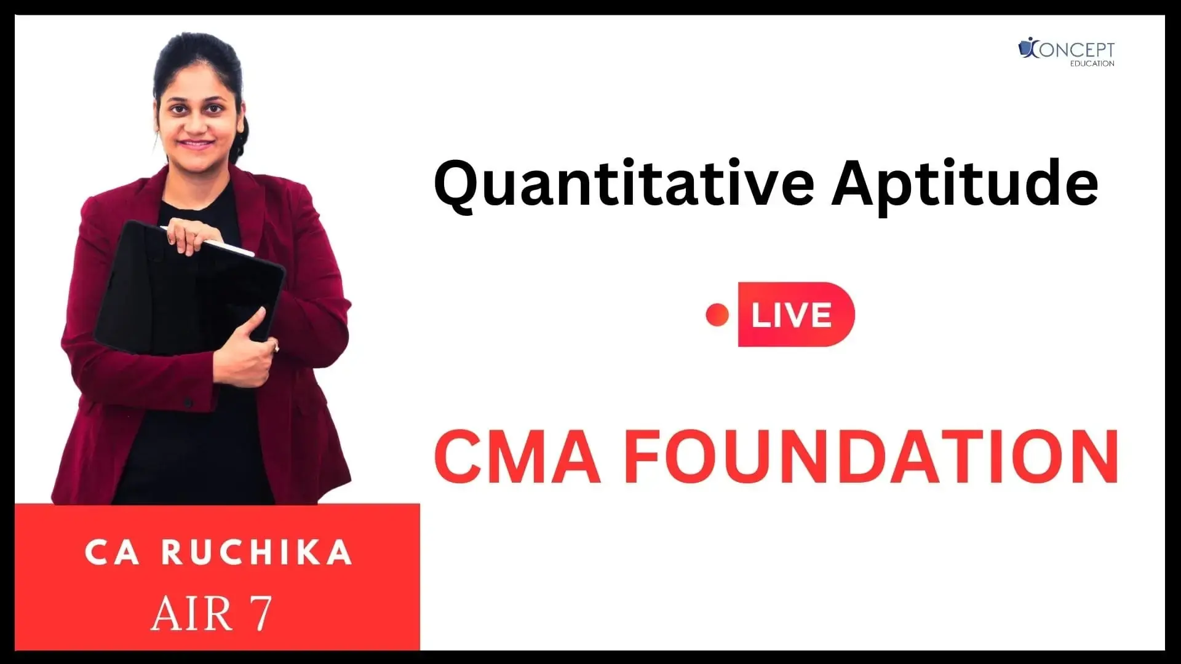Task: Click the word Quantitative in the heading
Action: coord(623,187)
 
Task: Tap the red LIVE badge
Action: coord(796,314)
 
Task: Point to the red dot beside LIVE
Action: coord(717,315)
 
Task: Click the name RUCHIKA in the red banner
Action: coord(257,553)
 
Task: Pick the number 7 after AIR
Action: coord(260,614)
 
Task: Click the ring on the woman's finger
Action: coord(277,349)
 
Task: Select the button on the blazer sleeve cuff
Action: coord(188,403)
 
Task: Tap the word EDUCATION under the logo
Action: coord(1092,63)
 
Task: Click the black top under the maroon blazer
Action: coord(185,430)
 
